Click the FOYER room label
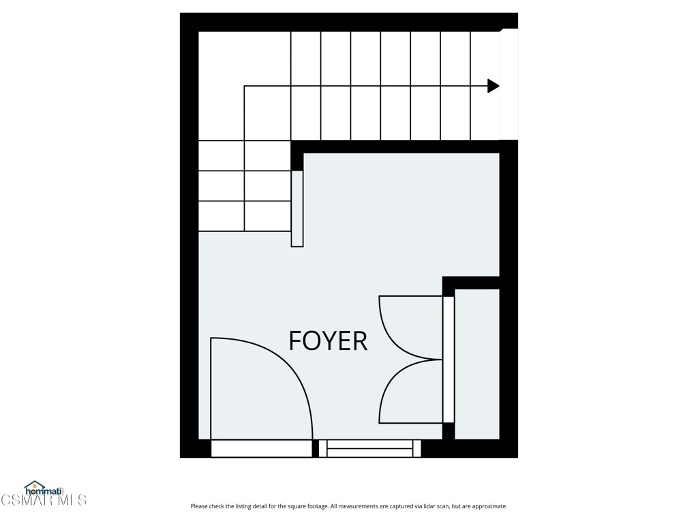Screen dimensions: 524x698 click(328, 340)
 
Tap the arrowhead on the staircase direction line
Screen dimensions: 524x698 click(493, 86)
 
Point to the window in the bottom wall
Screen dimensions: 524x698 click(369, 448)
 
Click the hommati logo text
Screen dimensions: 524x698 click(44, 491)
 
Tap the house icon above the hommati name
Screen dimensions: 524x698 click(34, 484)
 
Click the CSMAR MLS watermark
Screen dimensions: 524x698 click(44, 500)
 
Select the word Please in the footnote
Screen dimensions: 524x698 click(199, 506)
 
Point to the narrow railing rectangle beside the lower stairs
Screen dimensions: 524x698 click(297, 208)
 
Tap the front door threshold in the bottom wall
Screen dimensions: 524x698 click(261, 448)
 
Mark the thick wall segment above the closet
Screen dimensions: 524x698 click(471, 282)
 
